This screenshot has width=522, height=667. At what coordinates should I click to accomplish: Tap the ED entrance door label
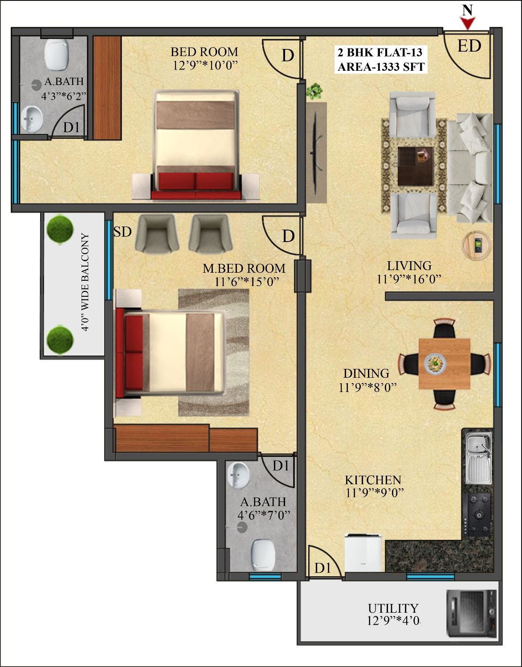tap(469, 46)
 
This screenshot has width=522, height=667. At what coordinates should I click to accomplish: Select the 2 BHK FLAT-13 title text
tap(380, 53)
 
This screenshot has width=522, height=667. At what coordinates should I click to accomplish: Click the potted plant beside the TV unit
tap(314, 91)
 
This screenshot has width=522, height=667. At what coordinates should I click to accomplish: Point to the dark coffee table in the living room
tap(416, 166)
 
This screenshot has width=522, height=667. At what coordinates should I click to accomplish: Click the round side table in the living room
tap(477, 246)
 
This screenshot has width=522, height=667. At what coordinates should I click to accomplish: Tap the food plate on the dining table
tap(435, 364)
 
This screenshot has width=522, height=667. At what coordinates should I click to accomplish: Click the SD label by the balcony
tap(122, 232)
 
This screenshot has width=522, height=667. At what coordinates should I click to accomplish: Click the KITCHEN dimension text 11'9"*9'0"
tap(374, 493)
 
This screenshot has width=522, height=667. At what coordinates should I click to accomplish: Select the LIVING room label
tap(409, 266)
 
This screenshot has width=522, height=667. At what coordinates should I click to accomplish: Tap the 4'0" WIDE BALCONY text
tap(86, 282)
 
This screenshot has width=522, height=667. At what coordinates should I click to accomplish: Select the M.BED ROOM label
tap(244, 269)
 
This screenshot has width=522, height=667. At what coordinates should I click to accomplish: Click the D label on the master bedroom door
tap(288, 236)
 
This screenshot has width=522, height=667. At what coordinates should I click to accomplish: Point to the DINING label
tap(366, 373)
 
